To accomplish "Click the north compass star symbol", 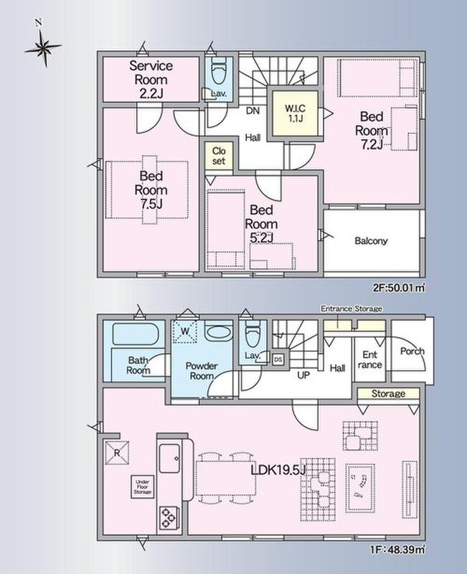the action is [x=43, y=47].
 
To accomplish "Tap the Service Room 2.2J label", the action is [x=151, y=80].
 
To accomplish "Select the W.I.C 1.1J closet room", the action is [x=295, y=113].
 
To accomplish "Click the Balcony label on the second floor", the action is [x=371, y=240].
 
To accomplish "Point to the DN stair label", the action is [x=253, y=110].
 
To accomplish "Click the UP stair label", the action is [x=303, y=375].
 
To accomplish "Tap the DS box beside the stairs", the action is [x=278, y=359].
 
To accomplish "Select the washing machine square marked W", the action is [x=185, y=331].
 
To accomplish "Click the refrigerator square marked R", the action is [x=117, y=453].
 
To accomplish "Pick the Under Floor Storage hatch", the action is [x=142, y=487].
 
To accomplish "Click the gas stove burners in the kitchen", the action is [x=169, y=517].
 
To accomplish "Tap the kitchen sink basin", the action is [x=169, y=458].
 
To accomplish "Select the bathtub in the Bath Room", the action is [x=138, y=334].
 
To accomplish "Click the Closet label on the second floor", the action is [x=219, y=156].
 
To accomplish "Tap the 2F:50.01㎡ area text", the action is [x=399, y=288].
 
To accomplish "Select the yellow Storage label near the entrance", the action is [x=388, y=393].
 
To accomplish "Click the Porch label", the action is [x=412, y=352].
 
